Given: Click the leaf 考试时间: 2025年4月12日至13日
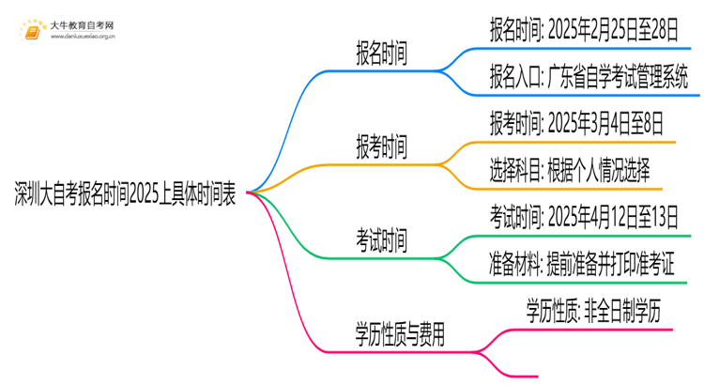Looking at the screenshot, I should point(583,215).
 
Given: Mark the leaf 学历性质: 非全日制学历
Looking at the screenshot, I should point(593,311).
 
